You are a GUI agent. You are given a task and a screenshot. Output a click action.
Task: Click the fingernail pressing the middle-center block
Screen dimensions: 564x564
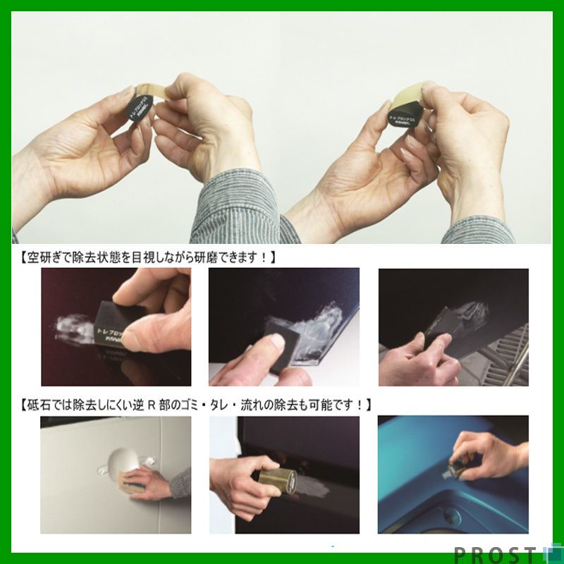[x=277, y=342]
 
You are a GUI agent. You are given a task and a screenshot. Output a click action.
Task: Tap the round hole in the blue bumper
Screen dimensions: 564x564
[x=450, y=519]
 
